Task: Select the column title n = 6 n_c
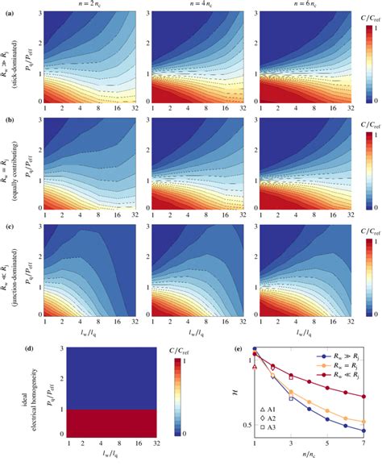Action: coord(288,6)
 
